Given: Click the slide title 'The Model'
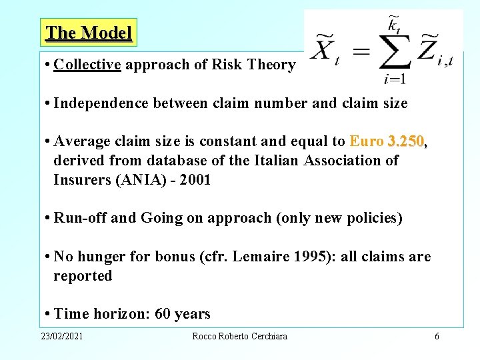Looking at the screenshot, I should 89,32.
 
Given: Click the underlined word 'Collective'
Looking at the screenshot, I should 87,65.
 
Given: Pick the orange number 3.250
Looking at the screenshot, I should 405,141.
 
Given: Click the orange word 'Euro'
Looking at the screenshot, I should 367,141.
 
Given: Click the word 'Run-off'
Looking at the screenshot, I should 80,218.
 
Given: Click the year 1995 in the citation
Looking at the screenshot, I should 311,257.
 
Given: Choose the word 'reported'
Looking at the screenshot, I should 83,276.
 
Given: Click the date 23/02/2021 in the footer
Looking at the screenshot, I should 61,337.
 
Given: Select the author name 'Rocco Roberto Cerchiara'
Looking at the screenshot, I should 239,337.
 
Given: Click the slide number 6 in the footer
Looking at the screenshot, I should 437,337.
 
